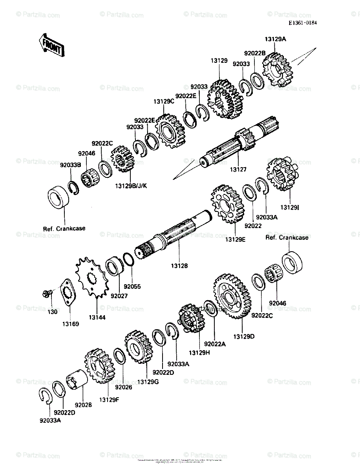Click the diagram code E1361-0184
pos(302,23)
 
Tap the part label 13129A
pos(275,39)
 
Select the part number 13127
pos(238,170)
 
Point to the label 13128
pos(179,266)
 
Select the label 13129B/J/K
pos(131,185)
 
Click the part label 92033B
pos(70,165)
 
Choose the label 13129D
pos(244,336)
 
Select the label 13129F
pos(108,400)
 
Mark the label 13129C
pos(163,101)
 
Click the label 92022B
pos(255,53)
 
